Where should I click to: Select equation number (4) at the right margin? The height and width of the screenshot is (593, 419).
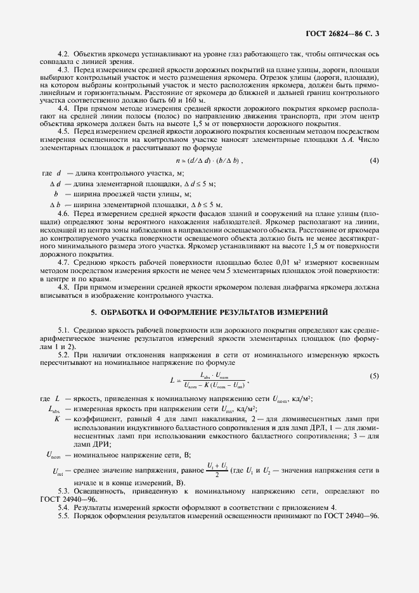[374, 161]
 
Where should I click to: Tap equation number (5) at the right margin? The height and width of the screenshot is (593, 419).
[374, 376]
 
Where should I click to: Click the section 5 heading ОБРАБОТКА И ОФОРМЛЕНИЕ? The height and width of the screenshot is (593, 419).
[209, 312]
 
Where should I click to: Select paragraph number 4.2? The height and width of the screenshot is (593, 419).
[63, 56]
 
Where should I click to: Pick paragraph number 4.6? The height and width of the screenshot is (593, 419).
[63, 215]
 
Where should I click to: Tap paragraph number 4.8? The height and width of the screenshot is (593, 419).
[63, 287]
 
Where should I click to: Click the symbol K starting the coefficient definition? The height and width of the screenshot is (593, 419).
[57, 419]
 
